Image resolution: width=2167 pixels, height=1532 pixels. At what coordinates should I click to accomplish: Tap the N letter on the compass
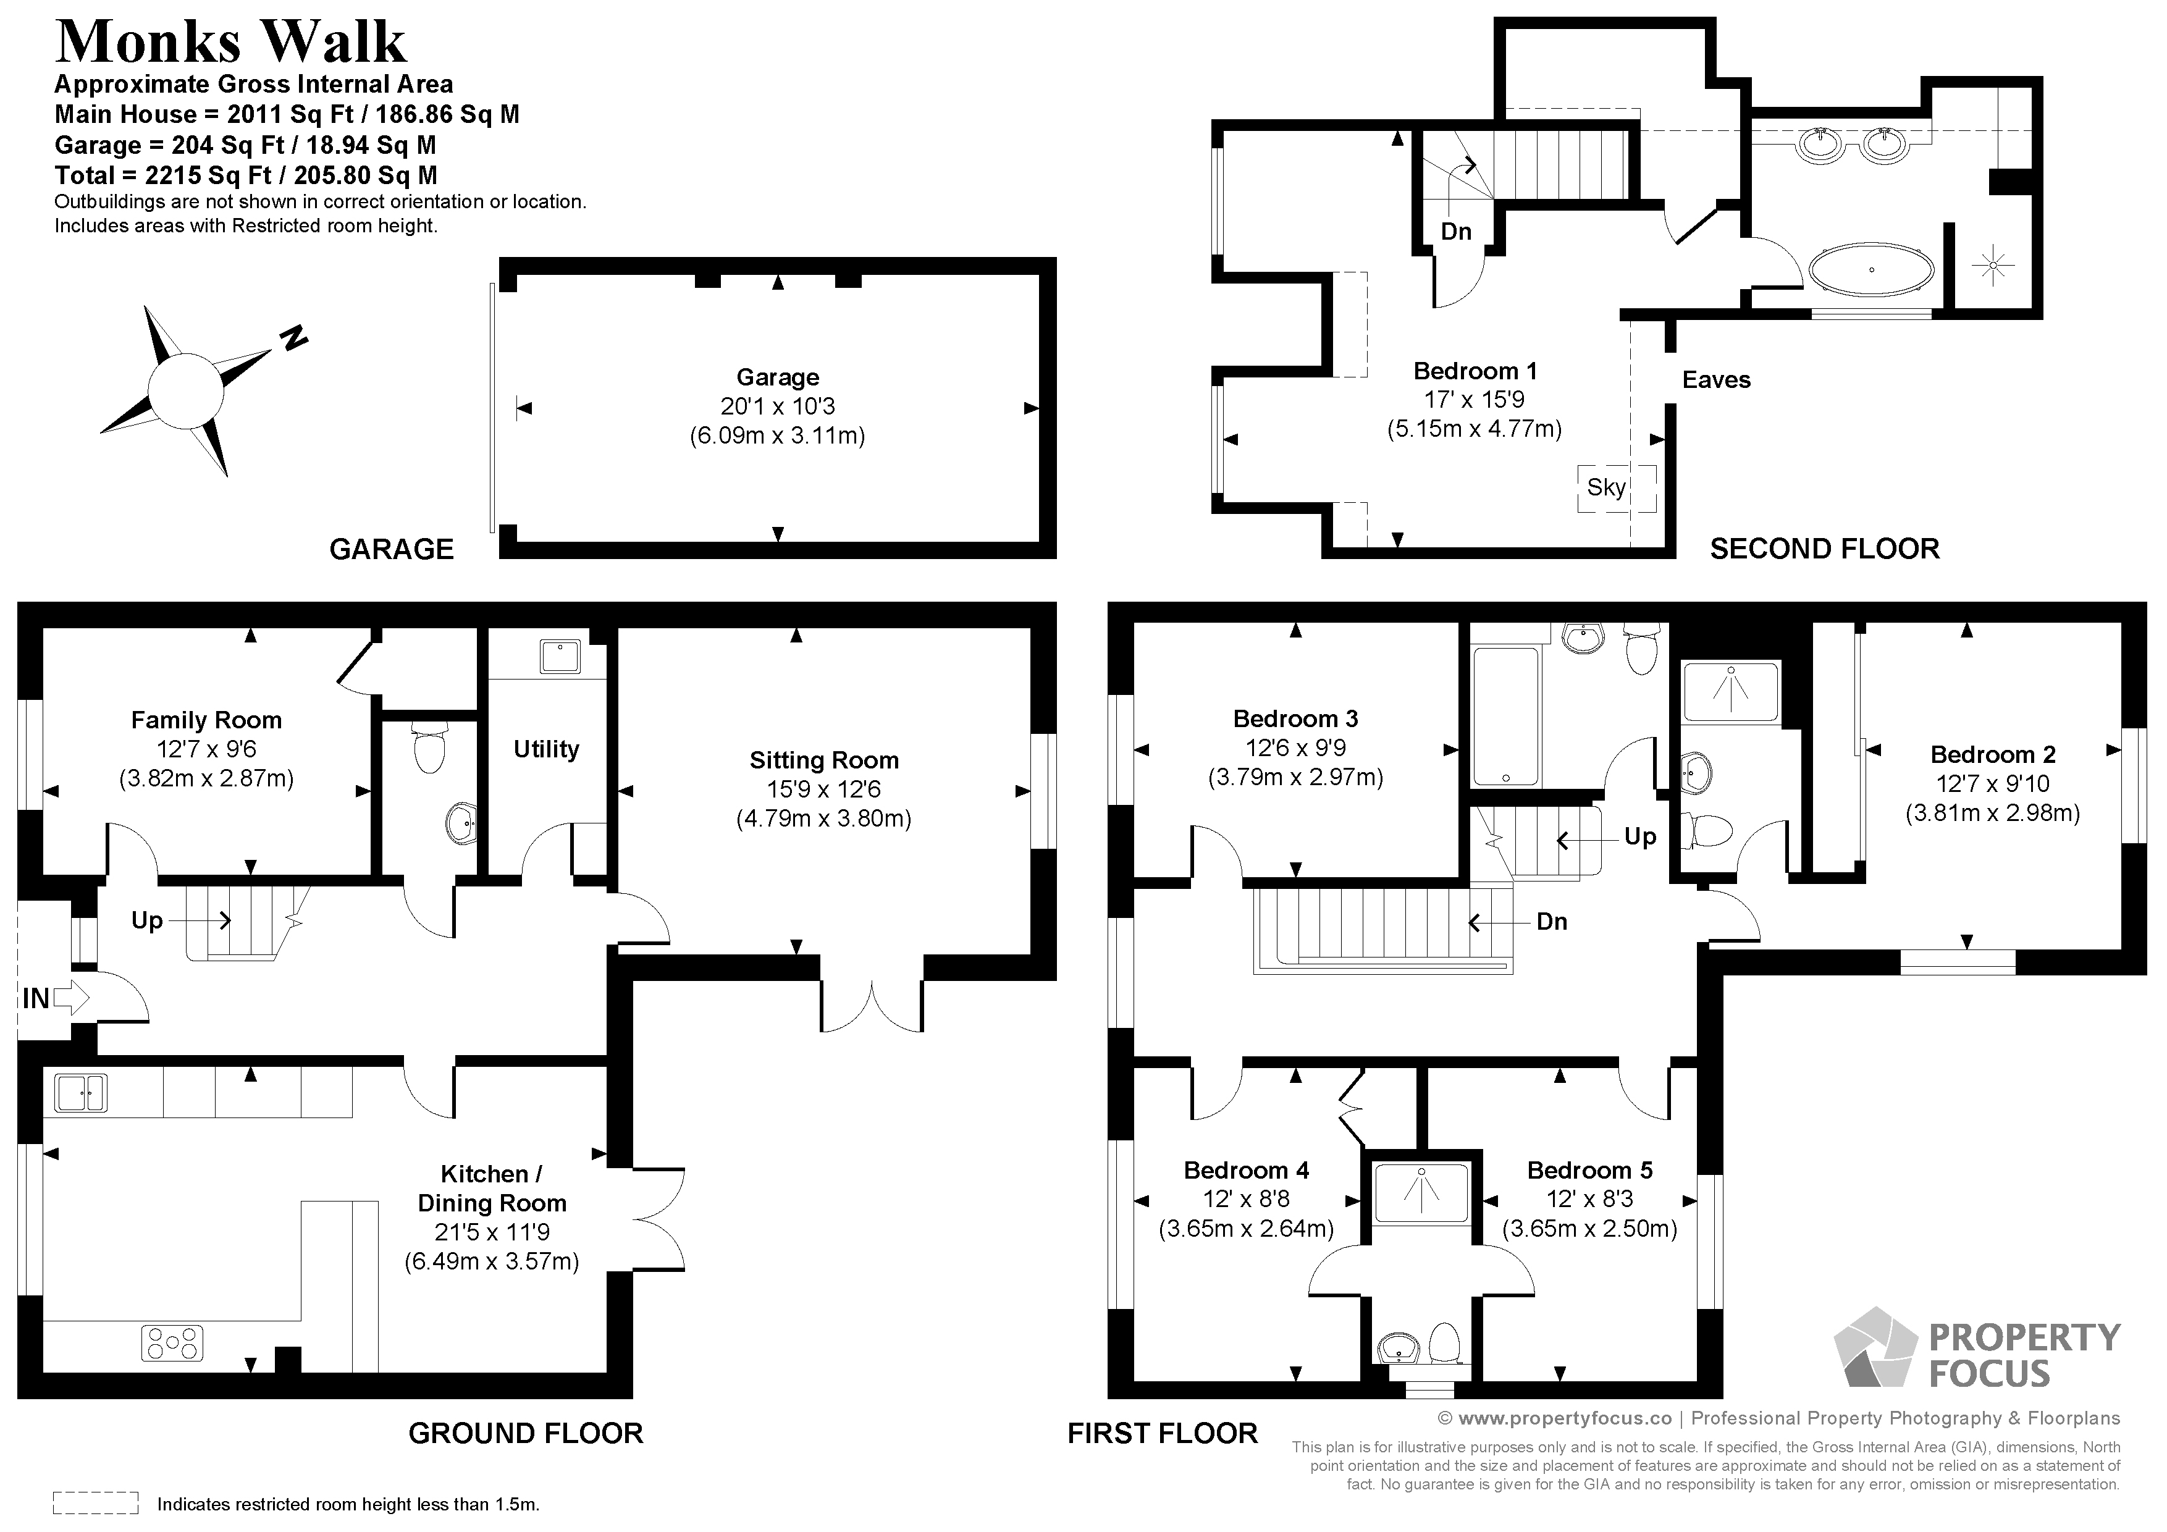coord(295,337)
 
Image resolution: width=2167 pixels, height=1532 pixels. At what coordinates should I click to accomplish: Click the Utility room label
coord(545,749)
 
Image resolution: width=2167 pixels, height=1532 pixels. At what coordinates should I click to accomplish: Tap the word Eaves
coord(1715,381)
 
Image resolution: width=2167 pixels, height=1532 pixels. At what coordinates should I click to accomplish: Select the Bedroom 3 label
coord(1295,719)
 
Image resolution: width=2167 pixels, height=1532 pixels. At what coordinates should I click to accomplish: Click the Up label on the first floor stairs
coord(1639,837)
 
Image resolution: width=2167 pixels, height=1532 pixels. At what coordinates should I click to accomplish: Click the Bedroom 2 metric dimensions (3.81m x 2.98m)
coord(1992,813)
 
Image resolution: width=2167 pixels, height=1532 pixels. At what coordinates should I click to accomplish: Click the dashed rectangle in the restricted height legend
coord(95,1503)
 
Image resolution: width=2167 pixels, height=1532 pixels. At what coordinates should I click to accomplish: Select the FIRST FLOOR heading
coord(1162,1433)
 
